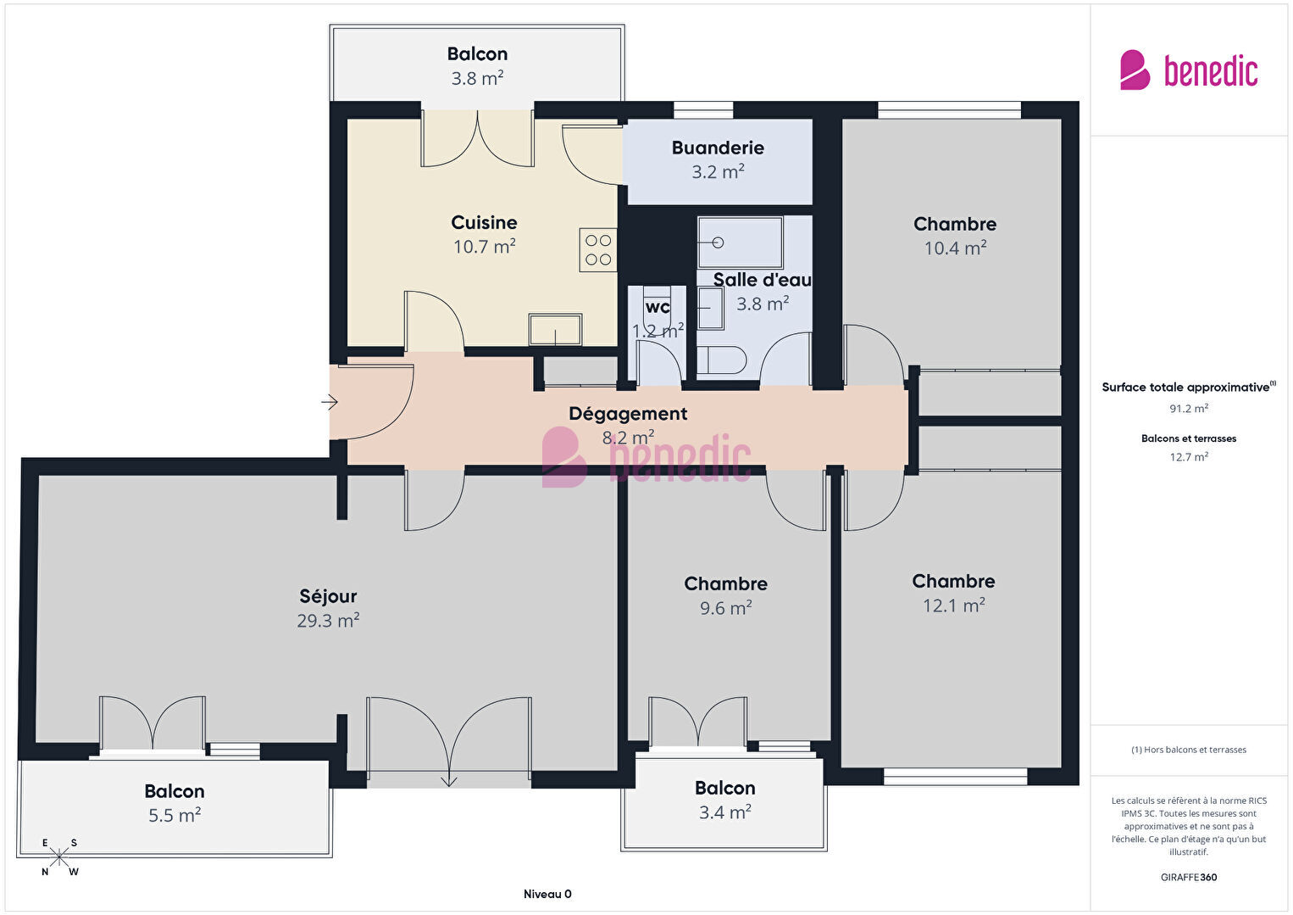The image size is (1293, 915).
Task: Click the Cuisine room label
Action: click(484, 222)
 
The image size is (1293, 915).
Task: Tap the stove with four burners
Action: click(598, 249)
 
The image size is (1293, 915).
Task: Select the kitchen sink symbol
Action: click(555, 329)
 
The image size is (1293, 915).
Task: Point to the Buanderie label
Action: click(718, 148)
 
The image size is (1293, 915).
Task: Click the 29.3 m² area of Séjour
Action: click(328, 621)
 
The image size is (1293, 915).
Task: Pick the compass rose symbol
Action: click(58, 857)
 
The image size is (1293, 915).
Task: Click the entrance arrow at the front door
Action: click(330, 401)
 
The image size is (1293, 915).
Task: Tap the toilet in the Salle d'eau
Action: click(722, 360)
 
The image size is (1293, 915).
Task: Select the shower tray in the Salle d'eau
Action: click(740, 243)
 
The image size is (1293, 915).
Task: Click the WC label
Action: click(658, 306)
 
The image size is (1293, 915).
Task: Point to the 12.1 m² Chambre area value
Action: click(953, 605)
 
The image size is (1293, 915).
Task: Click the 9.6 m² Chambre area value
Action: click(725, 608)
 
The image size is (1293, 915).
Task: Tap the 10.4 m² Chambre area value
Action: click(955, 248)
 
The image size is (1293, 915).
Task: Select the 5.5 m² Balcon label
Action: click(175, 791)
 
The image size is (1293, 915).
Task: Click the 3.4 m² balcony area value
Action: click(725, 812)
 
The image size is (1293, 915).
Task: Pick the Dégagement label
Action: click(628, 414)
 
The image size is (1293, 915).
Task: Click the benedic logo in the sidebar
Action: click(1189, 70)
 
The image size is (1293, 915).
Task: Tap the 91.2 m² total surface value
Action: click(1189, 409)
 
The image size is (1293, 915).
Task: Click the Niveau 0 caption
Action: click(547, 894)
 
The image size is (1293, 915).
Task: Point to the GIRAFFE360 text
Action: click(1189, 878)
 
